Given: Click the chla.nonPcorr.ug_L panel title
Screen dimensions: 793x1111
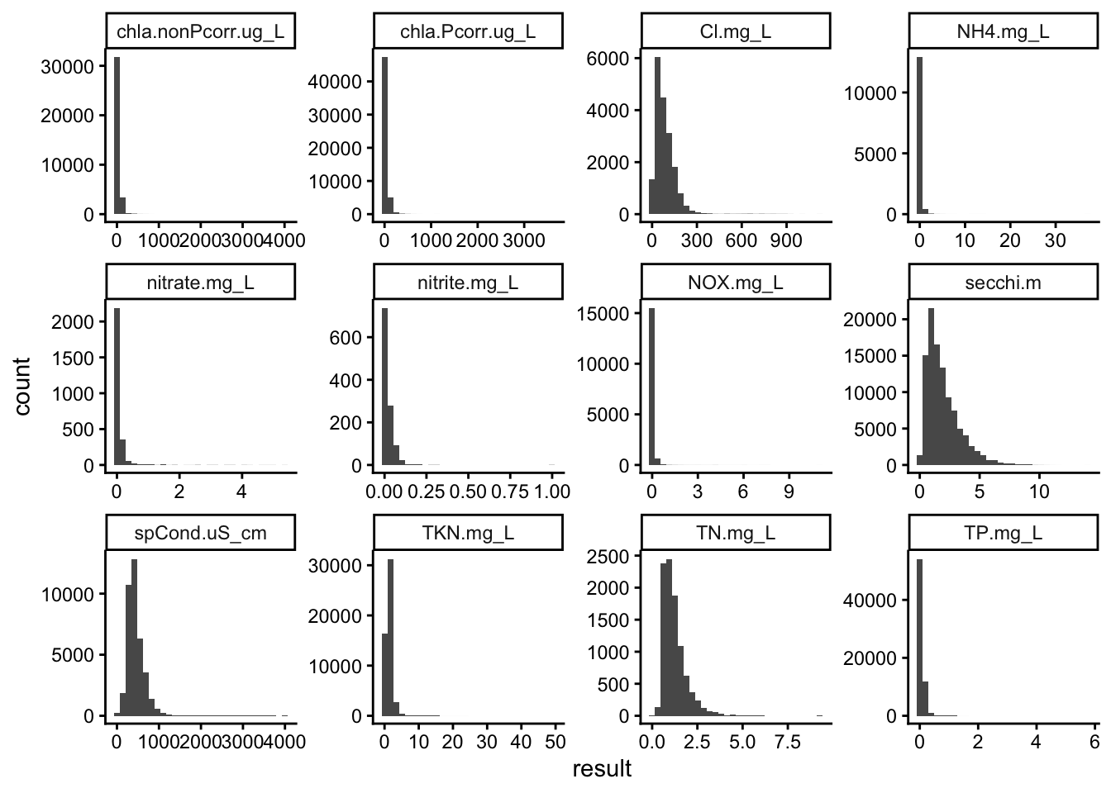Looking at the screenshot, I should pyautogui.click(x=200, y=32).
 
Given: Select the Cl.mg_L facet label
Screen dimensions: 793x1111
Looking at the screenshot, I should pyautogui.click(x=735, y=32).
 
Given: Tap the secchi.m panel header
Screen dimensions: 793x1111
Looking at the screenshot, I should pyautogui.click(x=1003, y=283).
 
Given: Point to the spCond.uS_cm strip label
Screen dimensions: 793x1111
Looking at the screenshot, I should pyautogui.click(x=200, y=533).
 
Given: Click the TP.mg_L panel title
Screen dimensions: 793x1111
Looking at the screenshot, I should pyautogui.click(x=1003, y=533).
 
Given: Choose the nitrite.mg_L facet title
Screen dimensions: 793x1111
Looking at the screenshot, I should pyautogui.click(x=467, y=283).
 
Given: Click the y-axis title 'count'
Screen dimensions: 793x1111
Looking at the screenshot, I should pyautogui.click(x=22, y=386).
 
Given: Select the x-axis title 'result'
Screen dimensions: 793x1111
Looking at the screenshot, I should pyautogui.click(x=602, y=769).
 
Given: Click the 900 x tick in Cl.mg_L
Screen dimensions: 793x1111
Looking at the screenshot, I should pyautogui.click(x=785, y=240).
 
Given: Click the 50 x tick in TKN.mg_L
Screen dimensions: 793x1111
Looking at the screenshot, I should pyautogui.click(x=555, y=742).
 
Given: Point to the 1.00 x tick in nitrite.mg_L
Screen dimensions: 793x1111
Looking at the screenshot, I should pyautogui.click(x=551, y=491).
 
